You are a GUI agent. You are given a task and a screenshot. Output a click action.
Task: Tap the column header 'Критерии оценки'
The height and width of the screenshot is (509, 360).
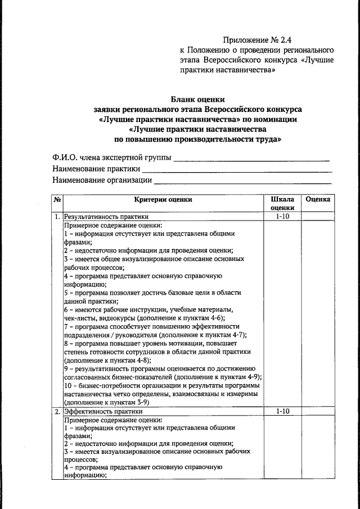click(x=163, y=199)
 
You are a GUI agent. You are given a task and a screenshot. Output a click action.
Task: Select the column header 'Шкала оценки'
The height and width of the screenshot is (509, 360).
click(x=282, y=203)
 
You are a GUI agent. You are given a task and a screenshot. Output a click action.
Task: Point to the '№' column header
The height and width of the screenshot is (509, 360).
click(x=57, y=199)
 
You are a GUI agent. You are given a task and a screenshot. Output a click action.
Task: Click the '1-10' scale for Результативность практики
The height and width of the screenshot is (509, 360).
click(x=282, y=216)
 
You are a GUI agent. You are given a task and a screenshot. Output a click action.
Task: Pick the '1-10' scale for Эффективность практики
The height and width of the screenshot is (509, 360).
click(x=282, y=412)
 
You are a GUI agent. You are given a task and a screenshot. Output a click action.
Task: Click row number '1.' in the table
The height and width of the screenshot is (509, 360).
click(x=57, y=216)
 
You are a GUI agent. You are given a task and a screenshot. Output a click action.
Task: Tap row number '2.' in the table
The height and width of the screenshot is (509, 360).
click(x=57, y=412)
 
